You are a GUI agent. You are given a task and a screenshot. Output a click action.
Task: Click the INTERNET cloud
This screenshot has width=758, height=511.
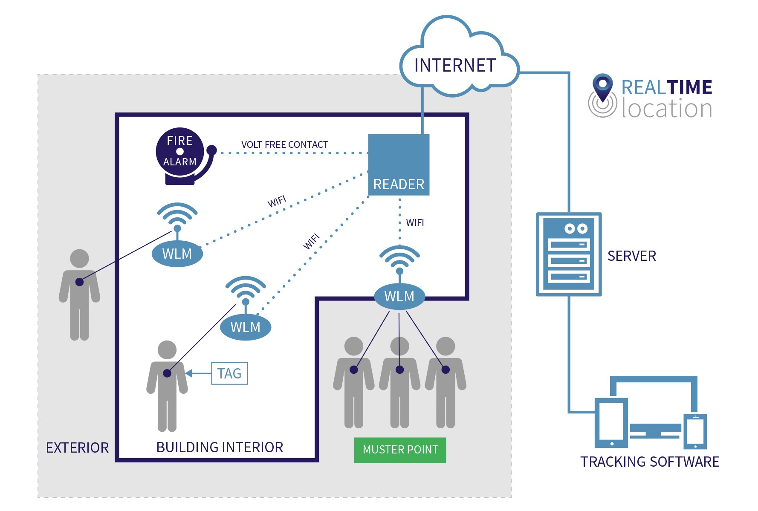tap(455, 64)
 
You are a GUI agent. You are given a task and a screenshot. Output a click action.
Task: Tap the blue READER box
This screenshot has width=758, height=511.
tap(399, 165)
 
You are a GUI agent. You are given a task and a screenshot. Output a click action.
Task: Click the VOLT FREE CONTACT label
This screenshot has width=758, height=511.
tap(285, 144)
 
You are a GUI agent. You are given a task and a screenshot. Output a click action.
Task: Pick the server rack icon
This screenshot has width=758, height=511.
tap(569, 254)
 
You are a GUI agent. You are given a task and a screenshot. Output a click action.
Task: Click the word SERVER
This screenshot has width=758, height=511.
tap(631, 256)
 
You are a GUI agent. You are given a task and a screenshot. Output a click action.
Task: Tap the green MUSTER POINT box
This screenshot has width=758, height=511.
tap(400, 450)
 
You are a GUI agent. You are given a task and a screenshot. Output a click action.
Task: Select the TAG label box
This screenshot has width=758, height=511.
tap(229, 373)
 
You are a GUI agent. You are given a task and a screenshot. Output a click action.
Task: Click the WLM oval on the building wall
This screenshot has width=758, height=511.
tap(399, 296)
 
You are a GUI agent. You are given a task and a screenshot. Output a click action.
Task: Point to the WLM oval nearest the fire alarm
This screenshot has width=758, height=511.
tap(177, 254)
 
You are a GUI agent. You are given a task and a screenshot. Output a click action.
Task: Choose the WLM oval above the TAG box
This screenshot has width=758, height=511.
tap(246, 327)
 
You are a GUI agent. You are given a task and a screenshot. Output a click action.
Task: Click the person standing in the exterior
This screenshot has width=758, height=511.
tap(80, 294)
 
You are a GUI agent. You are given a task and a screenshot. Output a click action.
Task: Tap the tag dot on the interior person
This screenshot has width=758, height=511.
tap(167, 373)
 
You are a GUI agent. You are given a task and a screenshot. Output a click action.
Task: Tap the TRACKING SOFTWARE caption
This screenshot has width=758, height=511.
tap(649, 462)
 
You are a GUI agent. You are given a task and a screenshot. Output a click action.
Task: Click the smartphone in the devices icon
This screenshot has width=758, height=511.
tap(695, 431)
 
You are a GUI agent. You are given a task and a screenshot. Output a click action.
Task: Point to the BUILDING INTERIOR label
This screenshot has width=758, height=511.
tap(220, 447)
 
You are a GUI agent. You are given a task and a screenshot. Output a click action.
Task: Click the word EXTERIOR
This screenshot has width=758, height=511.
tap(77, 447)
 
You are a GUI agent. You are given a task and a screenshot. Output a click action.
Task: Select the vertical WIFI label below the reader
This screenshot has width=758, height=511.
tap(415, 222)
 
